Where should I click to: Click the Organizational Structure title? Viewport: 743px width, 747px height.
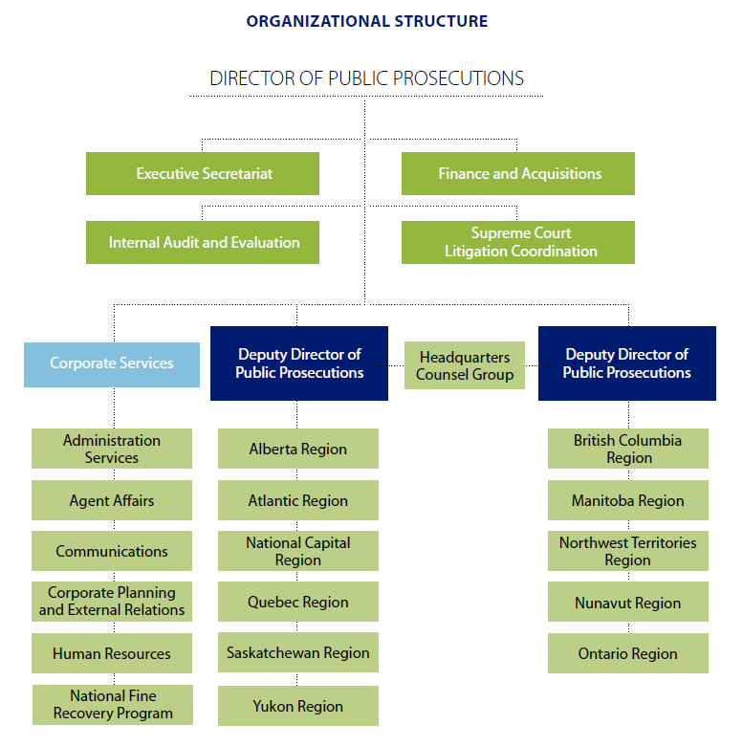367,21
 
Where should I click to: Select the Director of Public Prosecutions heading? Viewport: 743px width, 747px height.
367,78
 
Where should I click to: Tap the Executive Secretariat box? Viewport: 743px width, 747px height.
203,173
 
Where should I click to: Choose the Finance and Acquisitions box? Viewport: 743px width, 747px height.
518,173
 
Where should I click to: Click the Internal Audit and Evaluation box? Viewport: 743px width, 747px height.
203,242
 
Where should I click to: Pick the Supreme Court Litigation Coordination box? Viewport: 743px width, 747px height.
518,242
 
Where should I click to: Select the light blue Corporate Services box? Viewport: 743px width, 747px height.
112,363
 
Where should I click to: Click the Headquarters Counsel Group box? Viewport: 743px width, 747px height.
464,365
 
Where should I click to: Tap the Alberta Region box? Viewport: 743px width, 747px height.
297,449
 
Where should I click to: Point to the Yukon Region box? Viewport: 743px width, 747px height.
297,706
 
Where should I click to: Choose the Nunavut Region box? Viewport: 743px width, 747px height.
627,603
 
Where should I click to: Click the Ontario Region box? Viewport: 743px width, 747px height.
627,653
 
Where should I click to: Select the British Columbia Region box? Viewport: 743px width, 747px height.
627,449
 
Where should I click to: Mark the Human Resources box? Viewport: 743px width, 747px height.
112,653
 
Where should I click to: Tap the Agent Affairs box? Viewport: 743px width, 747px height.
112,500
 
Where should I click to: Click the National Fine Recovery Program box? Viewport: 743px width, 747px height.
113,704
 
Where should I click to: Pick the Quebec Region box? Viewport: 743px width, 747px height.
297,602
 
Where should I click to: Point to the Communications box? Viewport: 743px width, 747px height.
112,551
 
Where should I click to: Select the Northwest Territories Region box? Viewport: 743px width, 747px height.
627,551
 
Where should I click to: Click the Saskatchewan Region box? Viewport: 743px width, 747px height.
297,652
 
